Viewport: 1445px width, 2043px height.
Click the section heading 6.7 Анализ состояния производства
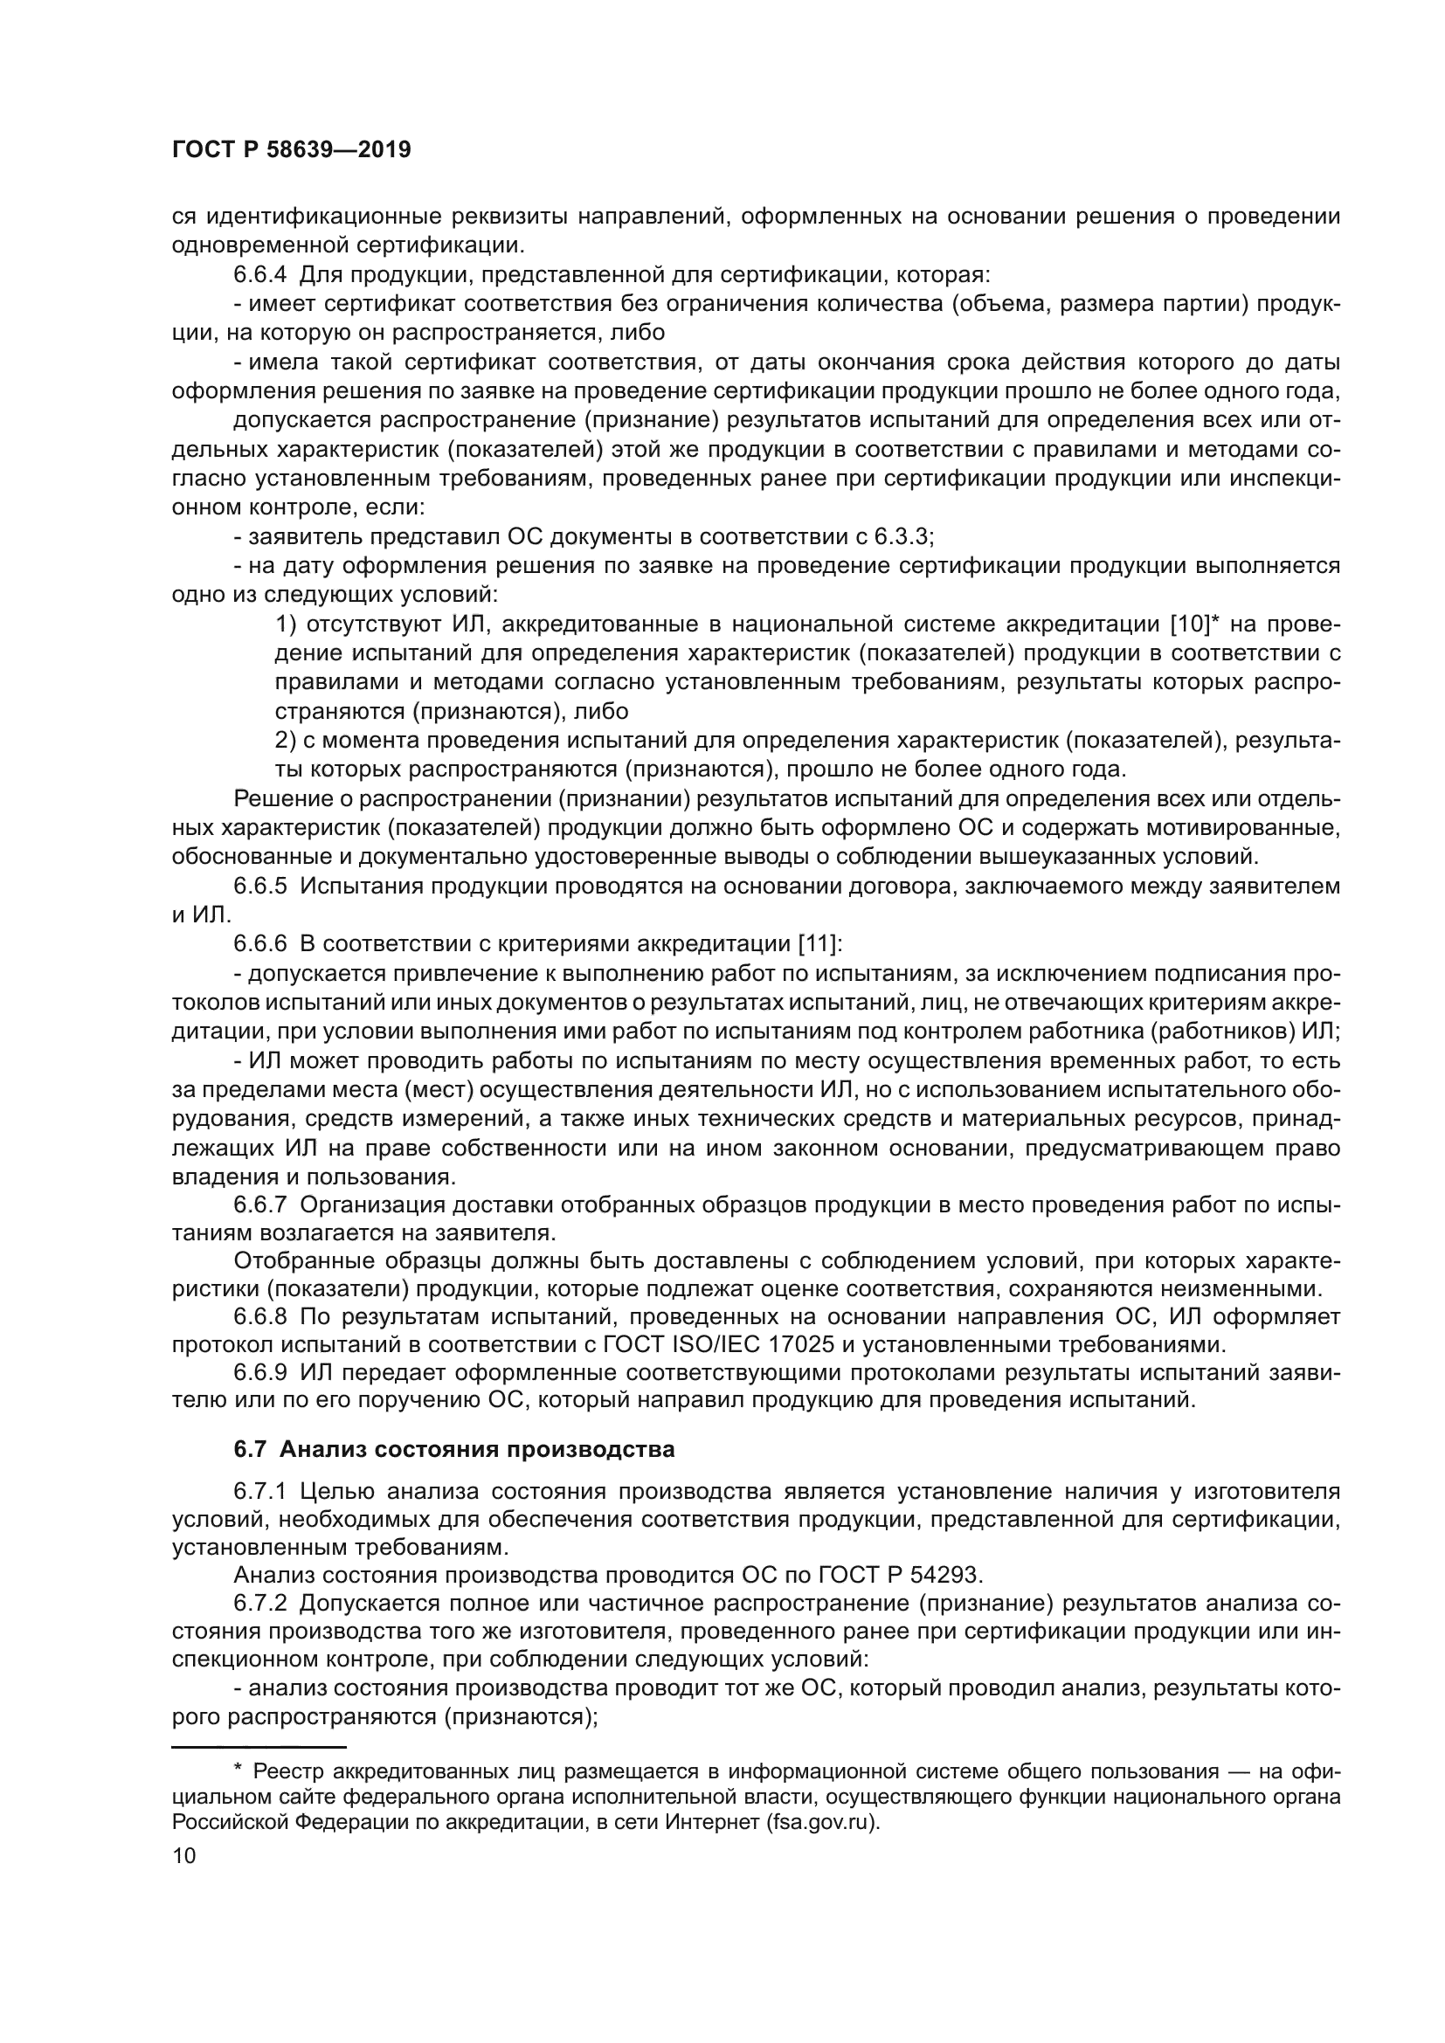(x=453, y=1450)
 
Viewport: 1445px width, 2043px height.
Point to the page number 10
(x=184, y=1856)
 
